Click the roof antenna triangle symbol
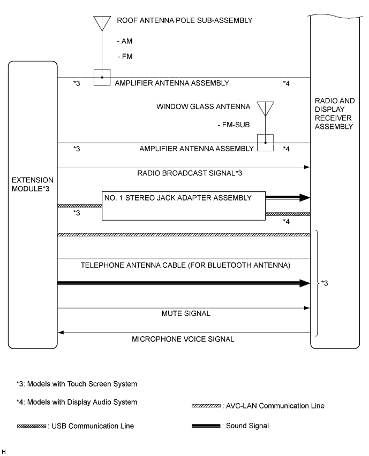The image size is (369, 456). tap(101, 23)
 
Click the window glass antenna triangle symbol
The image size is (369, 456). tap(265, 109)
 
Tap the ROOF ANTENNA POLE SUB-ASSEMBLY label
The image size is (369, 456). tap(184, 20)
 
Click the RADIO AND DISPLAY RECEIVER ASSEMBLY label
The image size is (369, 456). tap(334, 113)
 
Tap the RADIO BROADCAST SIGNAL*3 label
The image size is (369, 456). tap(184, 173)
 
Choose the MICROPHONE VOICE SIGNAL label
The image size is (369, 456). tap(184, 339)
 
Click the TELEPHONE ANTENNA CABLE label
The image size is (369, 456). tap(185, 265)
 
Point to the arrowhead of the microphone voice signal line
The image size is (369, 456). tap(61, 333)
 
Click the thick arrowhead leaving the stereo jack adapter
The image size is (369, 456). tap(305, 197)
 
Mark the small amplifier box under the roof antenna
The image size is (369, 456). tap(102, 77)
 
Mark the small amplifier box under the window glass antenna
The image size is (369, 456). tap(265, 143)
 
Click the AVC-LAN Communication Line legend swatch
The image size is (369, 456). tap(205, 406)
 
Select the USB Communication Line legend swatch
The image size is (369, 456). tap(31, 426)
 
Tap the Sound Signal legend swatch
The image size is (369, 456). tap(205, 426)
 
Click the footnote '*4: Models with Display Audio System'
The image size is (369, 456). tap(76, 402)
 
